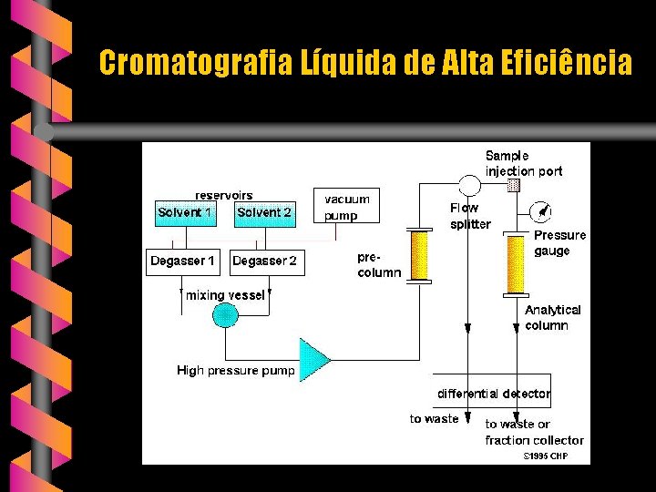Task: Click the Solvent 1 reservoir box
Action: [186, 214]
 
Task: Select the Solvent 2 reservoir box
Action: [263, 214]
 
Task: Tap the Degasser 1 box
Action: [183, 262]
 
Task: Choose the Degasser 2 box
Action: [264, 262]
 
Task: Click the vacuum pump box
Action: [347, 207]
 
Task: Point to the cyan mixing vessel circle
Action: [224, 315]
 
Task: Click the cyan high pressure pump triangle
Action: [314, 359]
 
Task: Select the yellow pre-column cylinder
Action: [419, 255]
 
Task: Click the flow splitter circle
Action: [469, 186]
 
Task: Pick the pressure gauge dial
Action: [542, 213]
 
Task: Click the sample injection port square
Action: [514, 185]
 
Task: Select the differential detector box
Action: [493, 392]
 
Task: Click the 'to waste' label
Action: [434, 419]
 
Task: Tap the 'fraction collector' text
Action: [534, 440]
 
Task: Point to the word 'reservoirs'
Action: [224, 195]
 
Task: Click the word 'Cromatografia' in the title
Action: [195, 64]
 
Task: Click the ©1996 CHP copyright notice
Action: [545, 456]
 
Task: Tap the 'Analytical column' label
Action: [552, 317]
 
